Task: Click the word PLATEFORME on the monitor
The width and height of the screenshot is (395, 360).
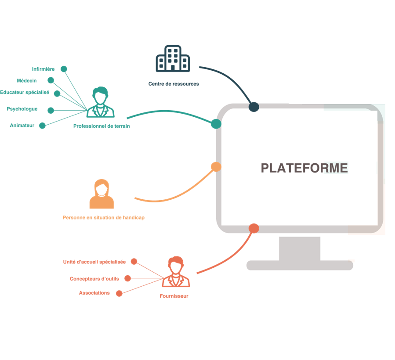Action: point(304,168)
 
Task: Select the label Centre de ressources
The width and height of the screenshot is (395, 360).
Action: point(174,84)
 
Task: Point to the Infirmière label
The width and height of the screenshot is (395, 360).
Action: point(43,69)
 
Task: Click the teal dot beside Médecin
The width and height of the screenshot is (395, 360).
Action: point(51,80)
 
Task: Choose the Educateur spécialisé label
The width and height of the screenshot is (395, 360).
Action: point(25,93)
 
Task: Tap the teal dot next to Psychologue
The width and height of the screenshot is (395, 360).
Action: point(51,110)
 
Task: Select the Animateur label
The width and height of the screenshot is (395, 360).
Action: point(22,126)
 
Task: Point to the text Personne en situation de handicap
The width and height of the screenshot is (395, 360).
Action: point(104,218)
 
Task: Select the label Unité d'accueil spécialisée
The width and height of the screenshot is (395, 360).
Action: point(94,262)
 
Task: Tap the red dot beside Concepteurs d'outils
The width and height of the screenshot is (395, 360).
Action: point(127,278)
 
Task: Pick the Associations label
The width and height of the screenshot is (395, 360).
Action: point(94,293)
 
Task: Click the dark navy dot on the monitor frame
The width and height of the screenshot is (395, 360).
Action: point(254,107)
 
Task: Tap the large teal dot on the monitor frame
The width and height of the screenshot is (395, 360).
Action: point(216,124)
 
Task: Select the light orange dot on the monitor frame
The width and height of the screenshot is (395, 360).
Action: point(216,167)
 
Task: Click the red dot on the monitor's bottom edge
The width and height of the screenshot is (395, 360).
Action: point(254,228)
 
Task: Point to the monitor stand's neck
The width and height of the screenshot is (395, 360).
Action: point(299,248)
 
